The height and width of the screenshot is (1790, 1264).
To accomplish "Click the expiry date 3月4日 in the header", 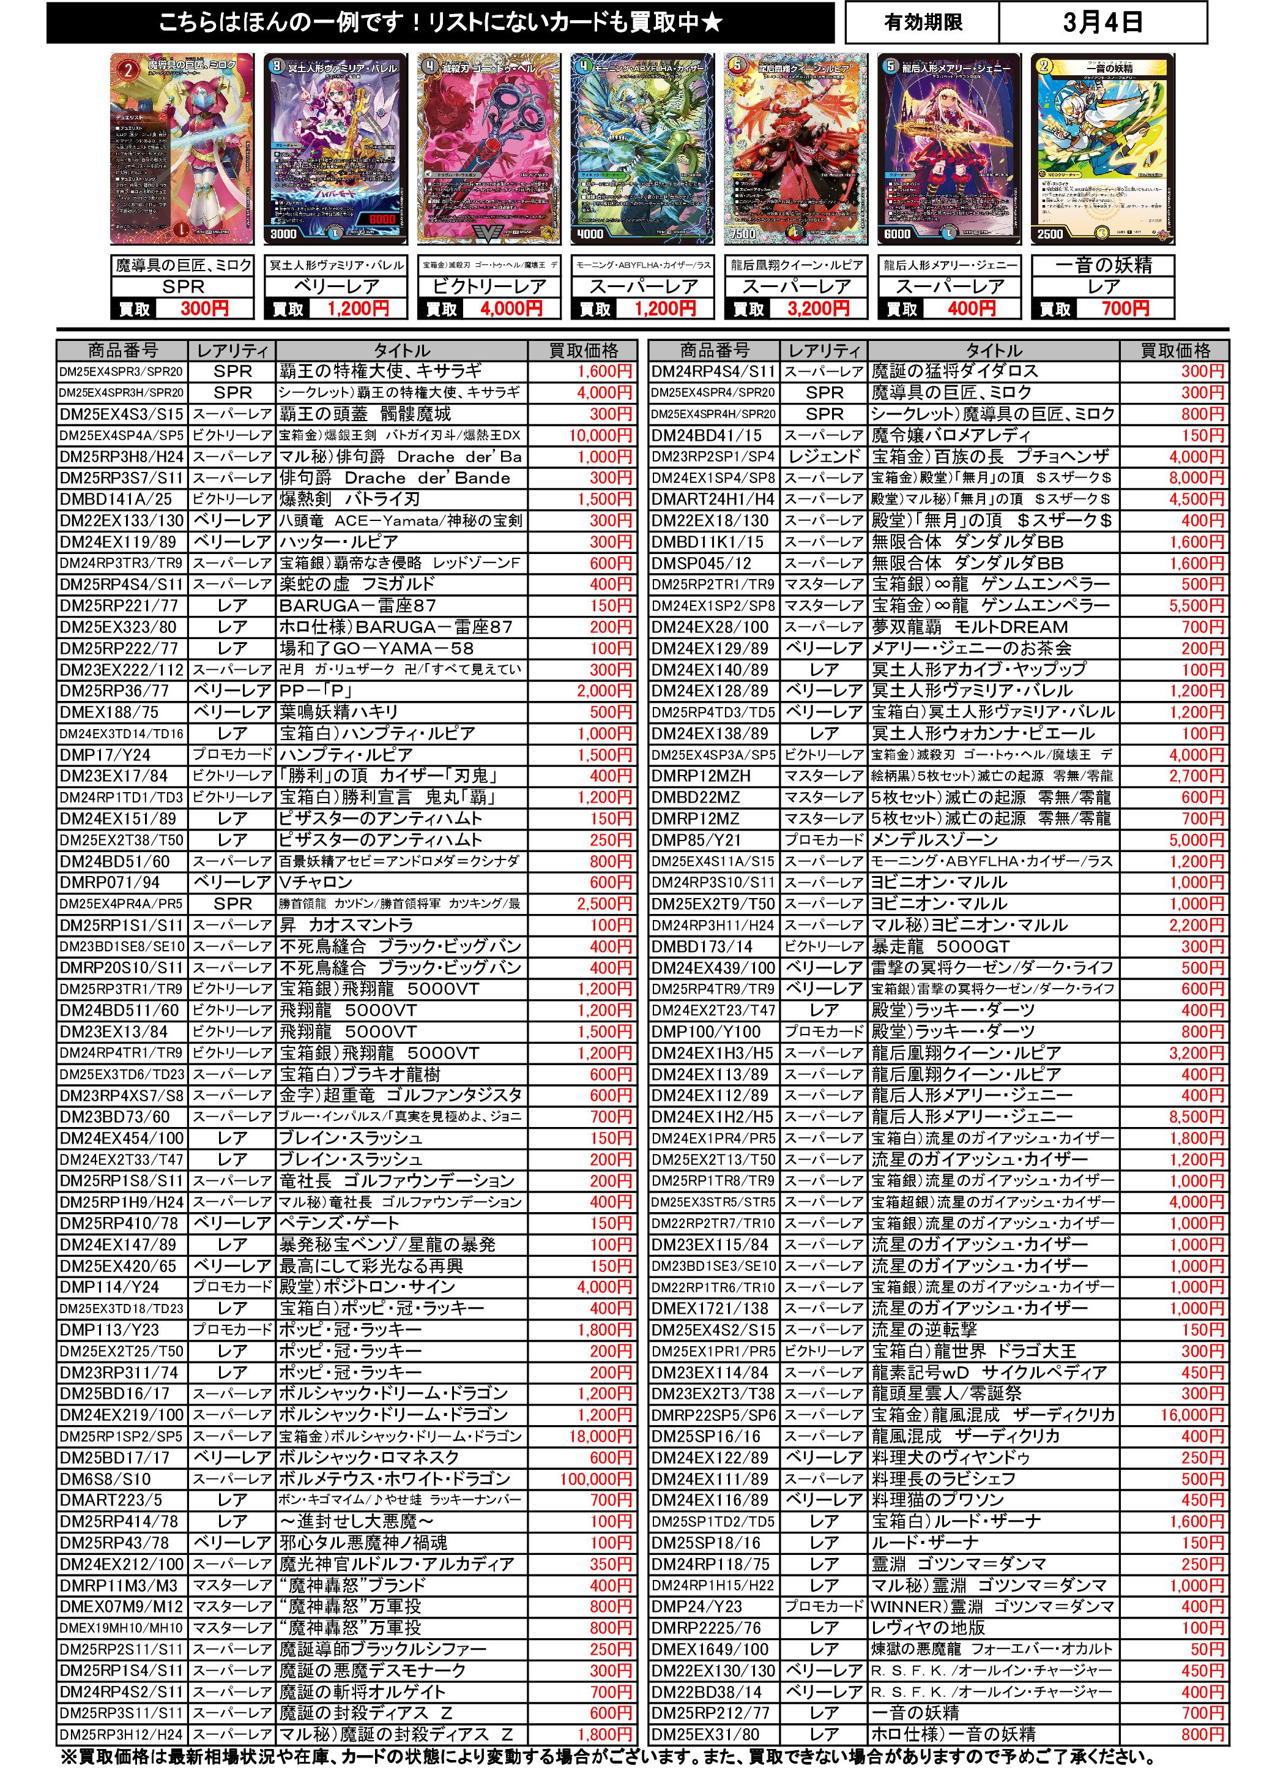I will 1102,22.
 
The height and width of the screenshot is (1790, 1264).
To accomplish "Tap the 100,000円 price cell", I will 595,1479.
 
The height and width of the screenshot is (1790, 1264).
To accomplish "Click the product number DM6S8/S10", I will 106,1479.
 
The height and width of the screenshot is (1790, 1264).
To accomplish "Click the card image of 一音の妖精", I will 1102,148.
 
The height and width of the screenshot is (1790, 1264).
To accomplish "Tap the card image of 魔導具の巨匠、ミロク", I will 182,148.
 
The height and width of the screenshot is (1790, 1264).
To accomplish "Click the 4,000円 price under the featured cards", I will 511,309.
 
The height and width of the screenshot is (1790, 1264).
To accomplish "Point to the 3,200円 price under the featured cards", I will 817,309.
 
